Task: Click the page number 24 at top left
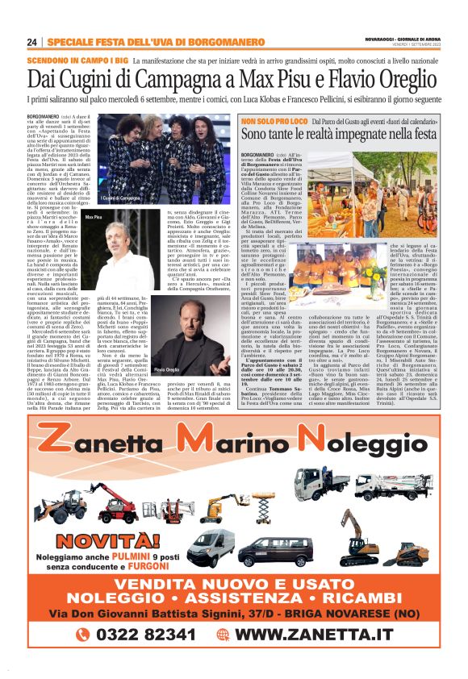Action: (32, 42)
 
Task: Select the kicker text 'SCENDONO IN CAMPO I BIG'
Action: (78, 60)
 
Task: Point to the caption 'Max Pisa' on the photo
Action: (94, 217)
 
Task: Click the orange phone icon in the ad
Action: (83, 635)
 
